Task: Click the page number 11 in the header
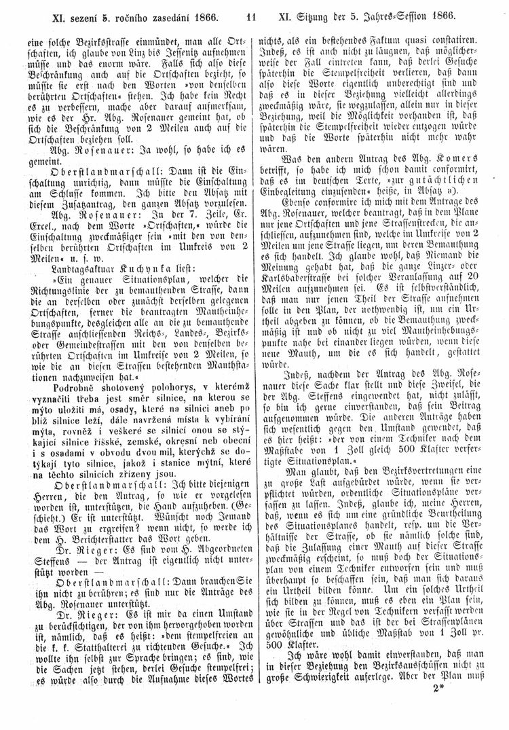[251, 13]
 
